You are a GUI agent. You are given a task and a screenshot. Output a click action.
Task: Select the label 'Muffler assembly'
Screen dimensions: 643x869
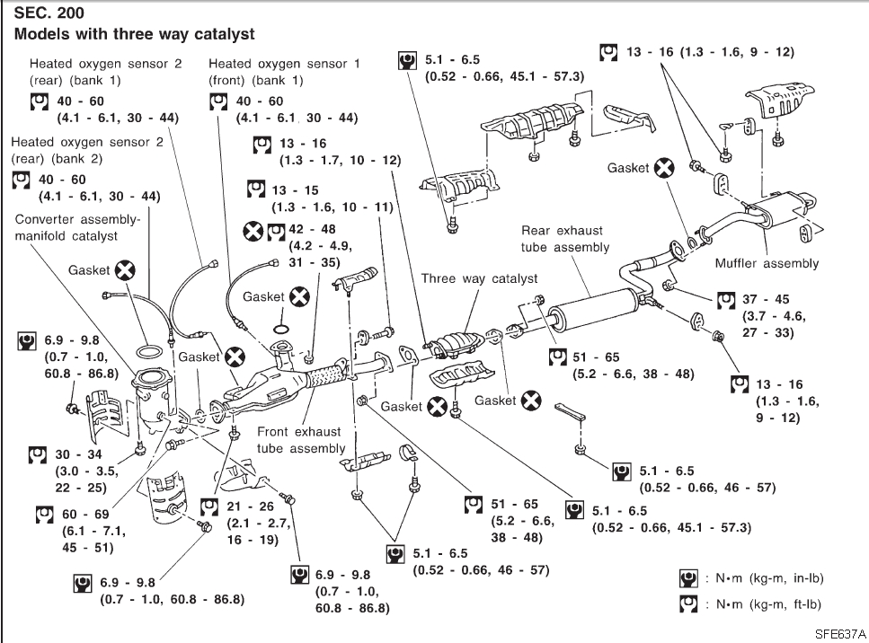(x=767, y=263)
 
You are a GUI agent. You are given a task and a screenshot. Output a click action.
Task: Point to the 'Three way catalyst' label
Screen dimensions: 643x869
(x=479, y=278)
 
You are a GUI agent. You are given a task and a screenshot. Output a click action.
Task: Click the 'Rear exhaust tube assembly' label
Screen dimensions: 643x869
(x=565, y=239)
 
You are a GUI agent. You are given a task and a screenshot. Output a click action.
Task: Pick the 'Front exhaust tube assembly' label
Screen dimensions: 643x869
(x=300, y=439)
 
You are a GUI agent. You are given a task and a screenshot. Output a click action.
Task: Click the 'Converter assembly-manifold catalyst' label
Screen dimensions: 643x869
(x=78, y=227)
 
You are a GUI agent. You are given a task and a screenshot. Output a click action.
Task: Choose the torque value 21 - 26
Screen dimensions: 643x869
(x=248, y=506)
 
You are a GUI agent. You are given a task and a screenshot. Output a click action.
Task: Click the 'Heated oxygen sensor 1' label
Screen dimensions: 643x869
(x=284, y=64)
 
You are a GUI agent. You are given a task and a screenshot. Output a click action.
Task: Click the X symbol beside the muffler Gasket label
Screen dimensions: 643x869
(x=663, y=168)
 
